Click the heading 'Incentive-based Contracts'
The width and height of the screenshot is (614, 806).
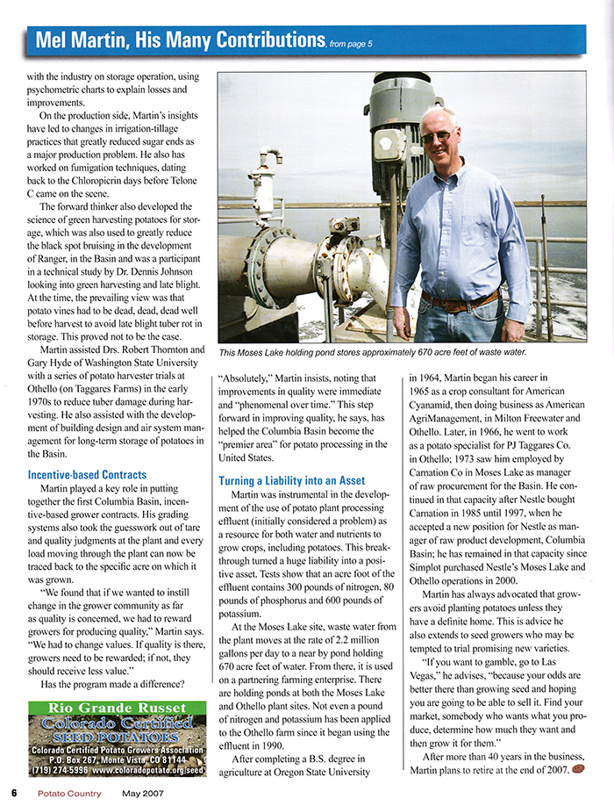[89, 475]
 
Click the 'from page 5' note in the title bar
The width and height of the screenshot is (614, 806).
[351, 42]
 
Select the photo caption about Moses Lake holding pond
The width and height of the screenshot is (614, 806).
[373, 352]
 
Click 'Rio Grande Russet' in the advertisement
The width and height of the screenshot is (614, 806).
[108, 708]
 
